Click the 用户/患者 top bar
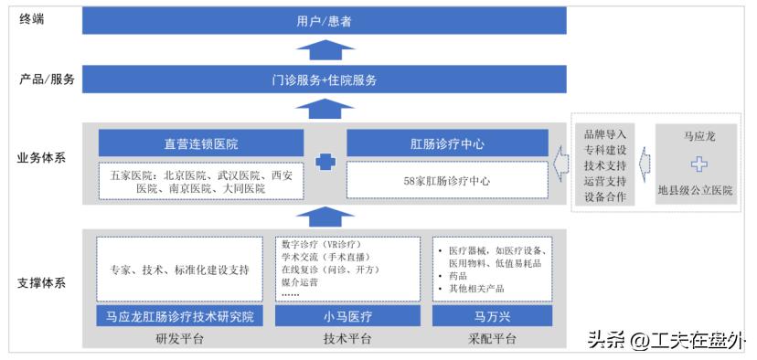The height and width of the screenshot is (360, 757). click(x=324, y=20)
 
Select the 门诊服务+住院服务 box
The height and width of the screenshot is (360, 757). click(x=324, y=79)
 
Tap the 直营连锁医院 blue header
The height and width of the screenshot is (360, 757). click(x=201, y=143)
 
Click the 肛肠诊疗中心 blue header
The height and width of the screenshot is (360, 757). click(x=447, y=143)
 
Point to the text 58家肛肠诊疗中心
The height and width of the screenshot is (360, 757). click(x=447, y=181)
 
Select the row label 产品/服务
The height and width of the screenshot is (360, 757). click(x=47, y=79)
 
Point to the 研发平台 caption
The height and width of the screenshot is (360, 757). click(x=180, y=339)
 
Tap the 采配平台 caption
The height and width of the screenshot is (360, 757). click(x=492, y=339)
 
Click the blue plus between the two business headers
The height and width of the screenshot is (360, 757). click(x=325, y=163)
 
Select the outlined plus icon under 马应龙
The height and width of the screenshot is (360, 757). click(x=699, y=164)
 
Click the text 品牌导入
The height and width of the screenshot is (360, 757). click(x=604, y=134)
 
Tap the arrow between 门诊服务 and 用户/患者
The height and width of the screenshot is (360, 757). click(x=324, y=49)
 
